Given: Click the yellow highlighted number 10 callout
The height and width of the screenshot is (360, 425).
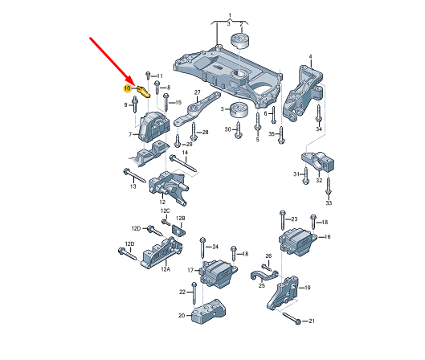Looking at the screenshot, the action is coord(128,88).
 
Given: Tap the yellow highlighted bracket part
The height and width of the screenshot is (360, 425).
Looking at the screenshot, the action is coord(144,92).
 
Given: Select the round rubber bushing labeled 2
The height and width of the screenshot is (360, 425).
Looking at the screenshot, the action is coord(240,41).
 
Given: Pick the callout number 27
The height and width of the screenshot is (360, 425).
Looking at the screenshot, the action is coord(198,92).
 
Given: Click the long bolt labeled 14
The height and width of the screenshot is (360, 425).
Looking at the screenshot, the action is coord(183,163).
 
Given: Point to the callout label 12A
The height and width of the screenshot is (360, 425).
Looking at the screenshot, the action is coord(166,269).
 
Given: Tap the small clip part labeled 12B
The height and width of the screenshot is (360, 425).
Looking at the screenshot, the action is coord(178,231).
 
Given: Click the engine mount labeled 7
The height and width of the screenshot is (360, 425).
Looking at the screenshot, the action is coord(153,128).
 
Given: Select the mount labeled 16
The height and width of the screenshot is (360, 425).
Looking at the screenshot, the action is coord(297,242).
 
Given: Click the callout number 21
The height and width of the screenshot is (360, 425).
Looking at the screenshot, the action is coord(312,321).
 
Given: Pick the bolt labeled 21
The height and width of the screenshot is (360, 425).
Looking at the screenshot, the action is coord(292,318).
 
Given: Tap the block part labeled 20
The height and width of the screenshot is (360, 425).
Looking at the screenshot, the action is coord(208,312).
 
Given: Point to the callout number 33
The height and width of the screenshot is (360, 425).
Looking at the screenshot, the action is coord(329,202).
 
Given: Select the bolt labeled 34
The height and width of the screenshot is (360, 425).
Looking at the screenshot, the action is coord(318,114).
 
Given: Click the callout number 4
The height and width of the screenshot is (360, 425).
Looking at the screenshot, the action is coord(311,57).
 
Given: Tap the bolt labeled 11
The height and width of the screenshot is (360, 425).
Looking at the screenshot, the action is coord(148,76).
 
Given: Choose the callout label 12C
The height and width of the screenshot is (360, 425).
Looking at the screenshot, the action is coord(165,211).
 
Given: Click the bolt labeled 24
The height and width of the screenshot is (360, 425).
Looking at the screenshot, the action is coord(202,248).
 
